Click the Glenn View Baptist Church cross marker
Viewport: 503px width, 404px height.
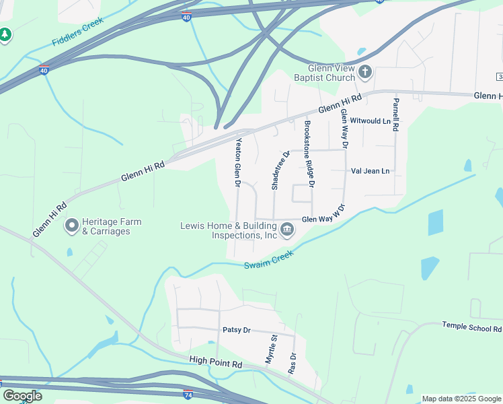pos(365,71)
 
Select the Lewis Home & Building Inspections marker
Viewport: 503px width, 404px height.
pos(287,230)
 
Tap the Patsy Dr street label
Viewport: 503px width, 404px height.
pos(236,330)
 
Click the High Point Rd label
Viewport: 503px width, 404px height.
pos(215,364)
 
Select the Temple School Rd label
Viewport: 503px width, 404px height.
pos(471,327)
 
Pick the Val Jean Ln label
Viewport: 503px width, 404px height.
pos(370,171)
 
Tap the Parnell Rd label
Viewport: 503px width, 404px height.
pos(396,114)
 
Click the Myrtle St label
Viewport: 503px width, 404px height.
pos(270,349)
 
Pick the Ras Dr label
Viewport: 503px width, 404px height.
pos(292,363)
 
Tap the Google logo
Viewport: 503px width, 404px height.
pos(22,396)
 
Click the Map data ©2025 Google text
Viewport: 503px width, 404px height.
pos(461,399)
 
